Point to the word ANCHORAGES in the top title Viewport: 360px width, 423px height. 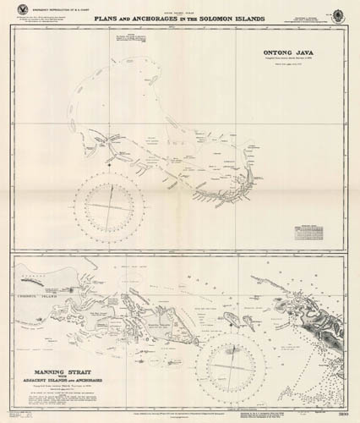pos(155,18)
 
